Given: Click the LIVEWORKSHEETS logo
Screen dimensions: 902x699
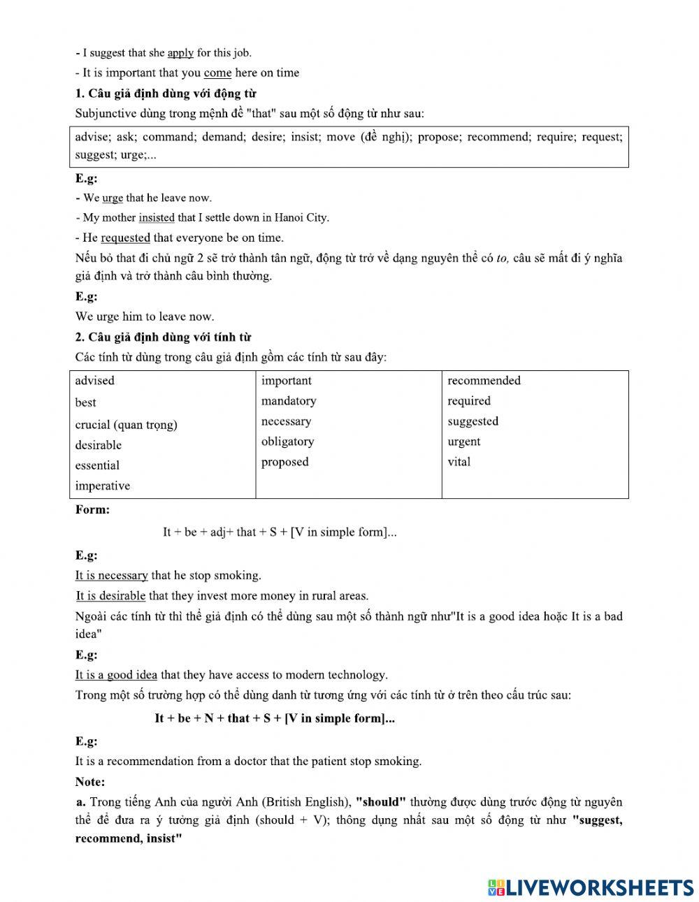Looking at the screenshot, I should click(591, 887).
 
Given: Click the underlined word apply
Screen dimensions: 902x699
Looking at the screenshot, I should click(180, 52).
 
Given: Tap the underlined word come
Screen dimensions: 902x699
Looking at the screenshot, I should click(217, 73).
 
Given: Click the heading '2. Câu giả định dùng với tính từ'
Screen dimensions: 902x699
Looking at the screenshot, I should click(164, 337).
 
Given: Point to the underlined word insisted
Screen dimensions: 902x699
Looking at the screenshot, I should click(157, 217).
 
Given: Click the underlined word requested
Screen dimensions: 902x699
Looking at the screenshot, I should click(126, 238).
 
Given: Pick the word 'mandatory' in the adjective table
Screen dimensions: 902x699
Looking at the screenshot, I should click(289, 400).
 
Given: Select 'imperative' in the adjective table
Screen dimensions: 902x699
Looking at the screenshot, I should click(103, 486).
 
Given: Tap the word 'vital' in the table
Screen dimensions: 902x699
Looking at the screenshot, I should click(459, 461).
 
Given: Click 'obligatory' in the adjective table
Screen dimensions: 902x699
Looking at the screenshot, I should click(287, 441).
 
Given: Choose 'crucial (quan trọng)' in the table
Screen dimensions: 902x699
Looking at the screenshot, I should click(126, 424).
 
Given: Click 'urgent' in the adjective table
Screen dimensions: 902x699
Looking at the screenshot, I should click(464, 441).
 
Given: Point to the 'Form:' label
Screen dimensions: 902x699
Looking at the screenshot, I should click(93, 509).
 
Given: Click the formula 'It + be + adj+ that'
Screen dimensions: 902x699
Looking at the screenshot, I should click(280, 532).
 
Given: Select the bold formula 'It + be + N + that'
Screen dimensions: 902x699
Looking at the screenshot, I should click(275, 718).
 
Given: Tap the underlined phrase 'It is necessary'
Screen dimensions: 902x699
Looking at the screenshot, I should click(112, 575).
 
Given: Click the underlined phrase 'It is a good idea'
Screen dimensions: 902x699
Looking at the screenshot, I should click(117, 674).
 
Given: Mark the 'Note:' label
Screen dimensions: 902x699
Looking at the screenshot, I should click(90, 781).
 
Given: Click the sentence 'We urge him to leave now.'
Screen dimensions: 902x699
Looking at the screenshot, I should click(145, 317).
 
